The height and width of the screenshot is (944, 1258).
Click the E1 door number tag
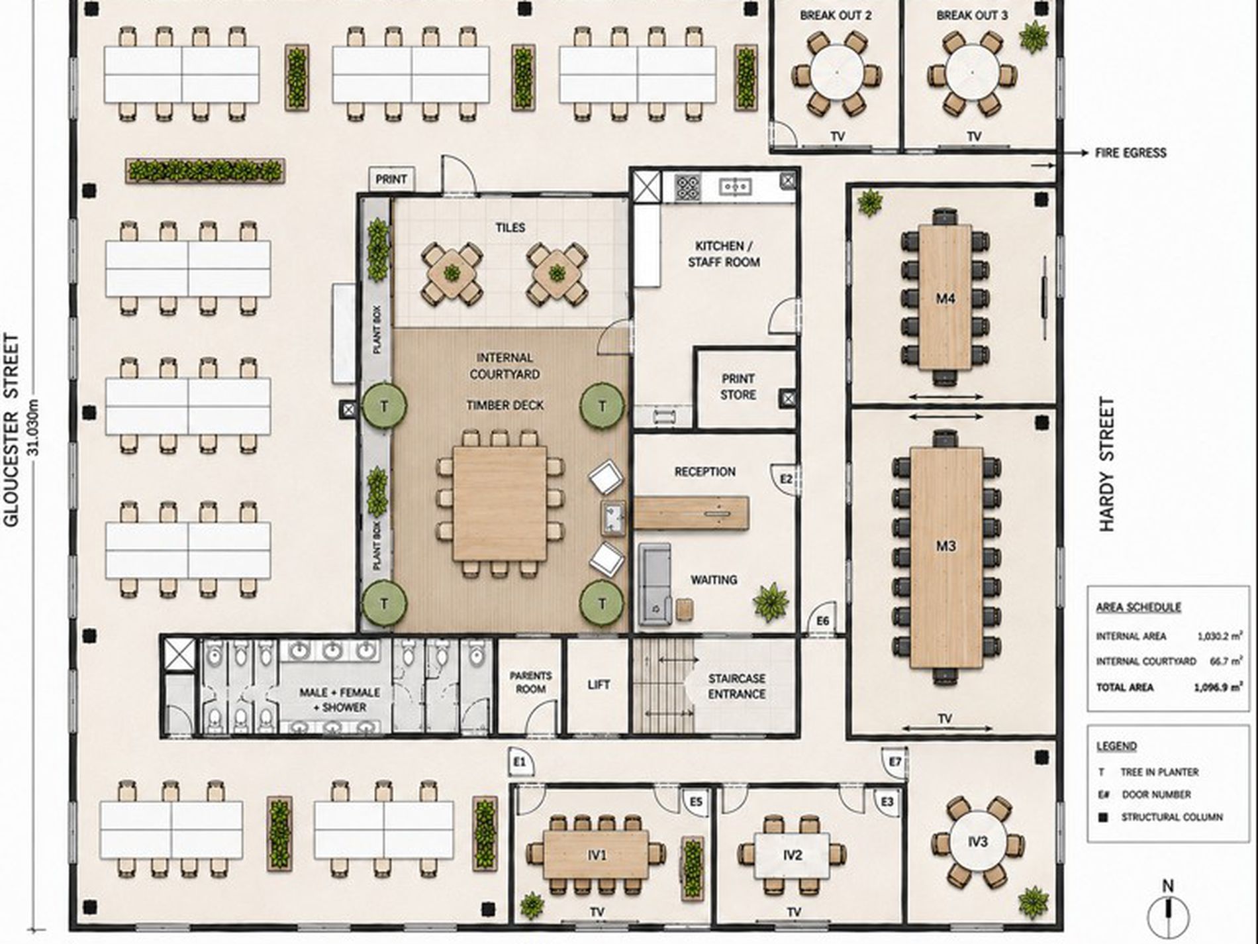point(520,762)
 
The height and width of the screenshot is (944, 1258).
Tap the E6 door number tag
point(823,620)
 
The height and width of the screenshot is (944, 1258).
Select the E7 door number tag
point(895,762)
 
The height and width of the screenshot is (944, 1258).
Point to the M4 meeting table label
point(945,299)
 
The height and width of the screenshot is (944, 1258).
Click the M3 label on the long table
point(945,546)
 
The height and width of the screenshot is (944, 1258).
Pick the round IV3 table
point(977,842)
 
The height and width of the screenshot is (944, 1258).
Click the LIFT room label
point(599,684)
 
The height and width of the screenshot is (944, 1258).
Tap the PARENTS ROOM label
point(530,682)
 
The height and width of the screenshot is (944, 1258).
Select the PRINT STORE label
point(738,386)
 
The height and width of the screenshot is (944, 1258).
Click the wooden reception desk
point(692,513)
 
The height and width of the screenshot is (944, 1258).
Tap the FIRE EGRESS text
point(1131,153)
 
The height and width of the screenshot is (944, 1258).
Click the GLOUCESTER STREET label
point(11,431)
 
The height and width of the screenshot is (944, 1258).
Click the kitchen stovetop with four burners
point(687,187)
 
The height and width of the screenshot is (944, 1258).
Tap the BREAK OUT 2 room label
point(836,15)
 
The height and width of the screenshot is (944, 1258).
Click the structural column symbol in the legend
point(1102,817)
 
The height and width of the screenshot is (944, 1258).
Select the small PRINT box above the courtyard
point(391,180)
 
